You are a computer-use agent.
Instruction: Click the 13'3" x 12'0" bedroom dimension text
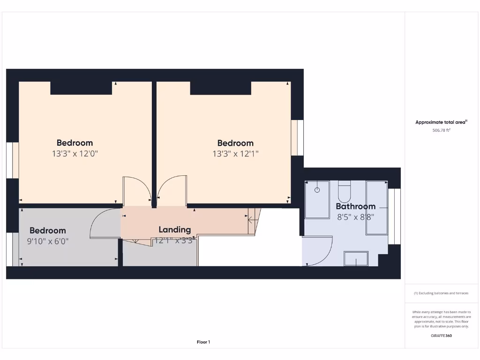[75, 153]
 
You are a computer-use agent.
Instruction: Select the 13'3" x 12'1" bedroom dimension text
[235, 154]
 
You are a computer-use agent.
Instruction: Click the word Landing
[174, 230]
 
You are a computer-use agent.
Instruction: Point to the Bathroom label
[355, 206]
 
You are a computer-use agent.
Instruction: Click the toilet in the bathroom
[344, 191]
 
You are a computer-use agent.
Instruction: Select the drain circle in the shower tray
[317, 190]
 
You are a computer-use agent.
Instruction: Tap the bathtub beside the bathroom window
[377, 208]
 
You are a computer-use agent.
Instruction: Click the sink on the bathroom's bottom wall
[356, 258]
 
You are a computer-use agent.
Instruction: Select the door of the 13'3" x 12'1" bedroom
[172, 190]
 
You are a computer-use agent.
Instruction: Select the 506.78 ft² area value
[441, 131]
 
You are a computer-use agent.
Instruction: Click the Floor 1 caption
[203, 342]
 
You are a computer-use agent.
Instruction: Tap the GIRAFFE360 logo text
[441, 336]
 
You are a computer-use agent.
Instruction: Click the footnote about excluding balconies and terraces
[441, 293]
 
